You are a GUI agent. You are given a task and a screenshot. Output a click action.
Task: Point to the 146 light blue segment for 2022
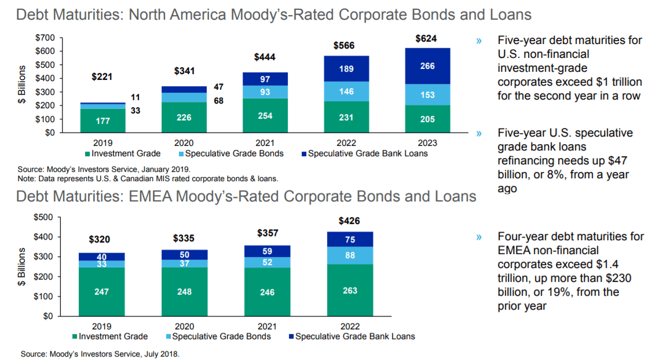(x=346, y=91)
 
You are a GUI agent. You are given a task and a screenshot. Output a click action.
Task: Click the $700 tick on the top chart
(x=45, y=38)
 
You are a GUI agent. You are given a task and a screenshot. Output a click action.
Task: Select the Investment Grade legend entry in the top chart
(x=122, y=153)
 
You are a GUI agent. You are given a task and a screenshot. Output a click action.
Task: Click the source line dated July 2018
(x=100, y=353)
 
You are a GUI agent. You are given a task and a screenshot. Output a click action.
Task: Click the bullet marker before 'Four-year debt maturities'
(x=479, y=237)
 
